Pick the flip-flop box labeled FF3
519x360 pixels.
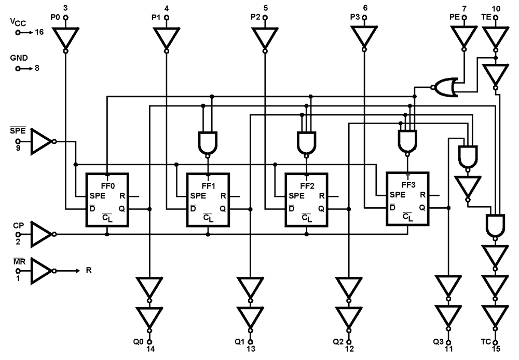(407, 199)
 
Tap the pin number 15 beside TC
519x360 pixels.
(497, 349)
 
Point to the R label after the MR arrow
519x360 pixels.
(89, 271)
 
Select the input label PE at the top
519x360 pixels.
(454, 17)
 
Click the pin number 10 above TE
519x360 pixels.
(496, 8)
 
